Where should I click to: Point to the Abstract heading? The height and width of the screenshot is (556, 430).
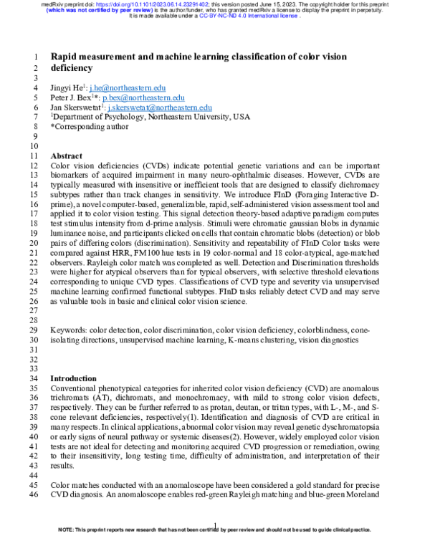[x=67, y=155]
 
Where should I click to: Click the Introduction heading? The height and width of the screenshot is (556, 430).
[x=73, y=378]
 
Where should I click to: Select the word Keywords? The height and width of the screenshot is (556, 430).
[x=68, y=330]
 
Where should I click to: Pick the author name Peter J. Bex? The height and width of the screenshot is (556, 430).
[x=72, y=97]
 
